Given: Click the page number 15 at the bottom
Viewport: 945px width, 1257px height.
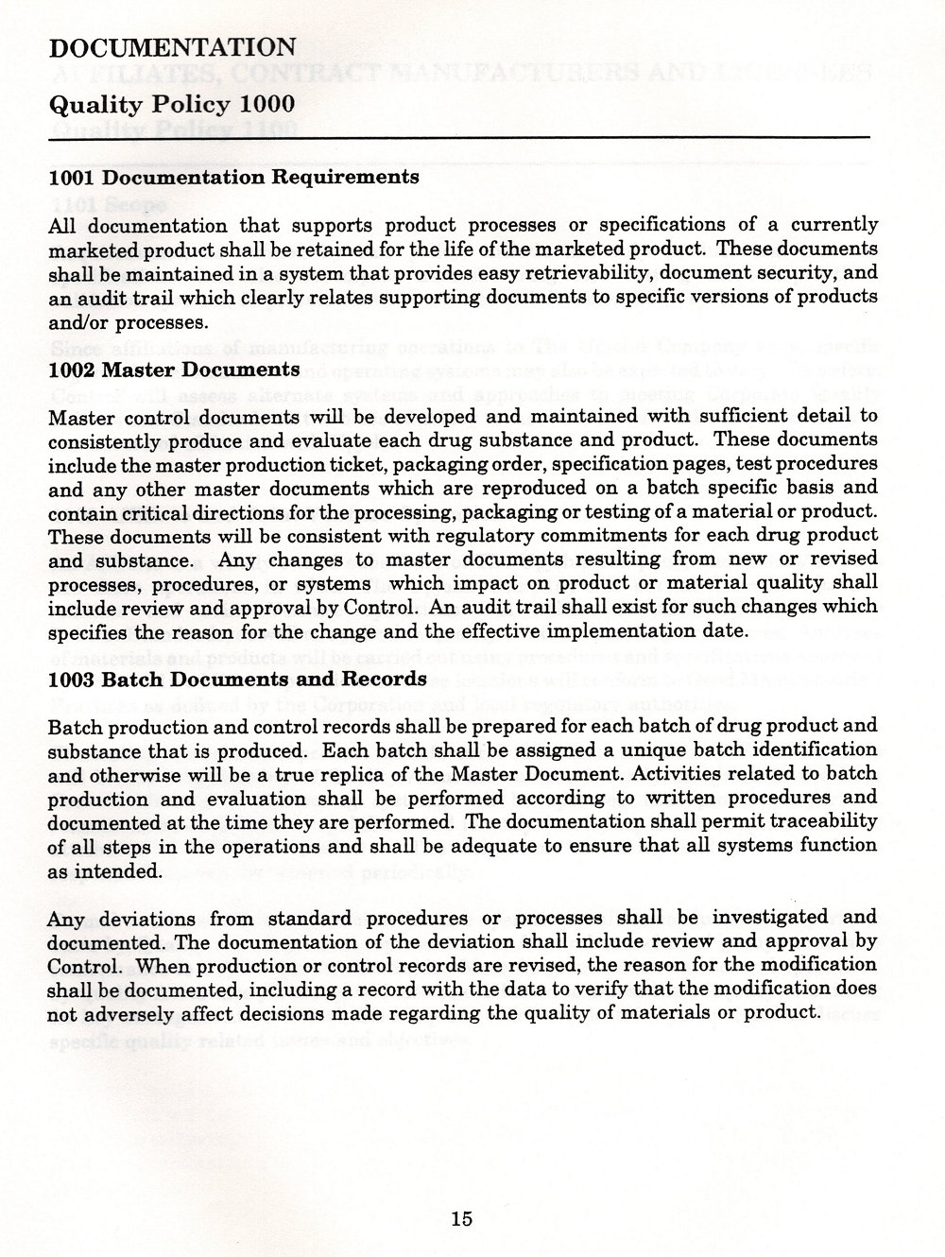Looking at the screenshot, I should click(x=461, y=1217).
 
